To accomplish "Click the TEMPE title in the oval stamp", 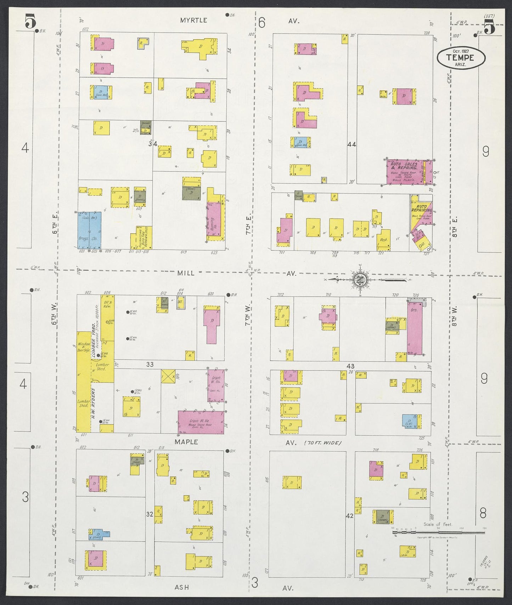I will click(460, 57).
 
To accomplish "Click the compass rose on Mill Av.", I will click(360, 279).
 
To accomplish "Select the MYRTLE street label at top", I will click(193, 21).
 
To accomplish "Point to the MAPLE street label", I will click(186, 442).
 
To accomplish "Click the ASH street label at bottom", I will click(182, 587).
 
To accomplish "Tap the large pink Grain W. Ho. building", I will click(201, 422).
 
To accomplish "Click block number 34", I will click(153, 144).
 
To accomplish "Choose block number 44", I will click(352, 144).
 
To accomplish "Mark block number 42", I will click(350, 516).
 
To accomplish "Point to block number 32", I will click(150, 514).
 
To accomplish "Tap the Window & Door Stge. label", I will click(84, 347).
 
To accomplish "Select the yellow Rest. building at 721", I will click(383, 240).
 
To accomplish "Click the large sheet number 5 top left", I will click(31, 21).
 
